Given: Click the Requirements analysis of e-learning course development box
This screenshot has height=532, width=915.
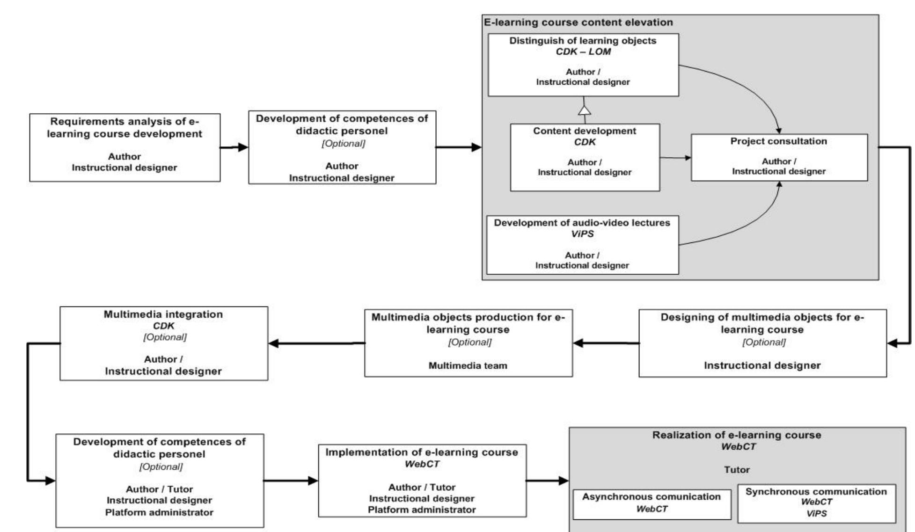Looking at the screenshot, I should click(124, 147).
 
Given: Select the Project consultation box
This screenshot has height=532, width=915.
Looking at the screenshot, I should click(779, 157).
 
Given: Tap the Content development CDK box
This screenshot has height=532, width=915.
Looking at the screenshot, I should click(585, 157).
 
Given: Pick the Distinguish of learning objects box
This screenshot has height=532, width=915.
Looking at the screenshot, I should click(583, 65).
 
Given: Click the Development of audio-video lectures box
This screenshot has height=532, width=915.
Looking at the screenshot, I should click(582, 244).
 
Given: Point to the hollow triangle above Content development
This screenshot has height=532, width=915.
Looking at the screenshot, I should click(584, 110).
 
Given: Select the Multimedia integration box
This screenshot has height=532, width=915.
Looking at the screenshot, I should click(164, 343).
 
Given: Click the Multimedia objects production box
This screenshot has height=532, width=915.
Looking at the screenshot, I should click(468, 343).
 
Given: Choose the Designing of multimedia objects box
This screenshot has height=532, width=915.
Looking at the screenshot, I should click(762, 343).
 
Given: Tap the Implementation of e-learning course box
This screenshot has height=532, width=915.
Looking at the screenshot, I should click(422, 481).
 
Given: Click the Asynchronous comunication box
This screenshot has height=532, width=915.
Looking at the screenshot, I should click(651, 504).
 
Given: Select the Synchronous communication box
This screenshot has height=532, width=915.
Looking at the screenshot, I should click(816, 503).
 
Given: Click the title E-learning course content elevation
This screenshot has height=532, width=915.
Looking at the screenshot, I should click(578, 22).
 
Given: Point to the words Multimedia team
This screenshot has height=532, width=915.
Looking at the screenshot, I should click(468, 365).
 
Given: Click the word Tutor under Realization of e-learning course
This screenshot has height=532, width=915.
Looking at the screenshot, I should click(737, 469).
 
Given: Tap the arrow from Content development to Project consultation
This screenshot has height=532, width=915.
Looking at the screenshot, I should click(675, 158).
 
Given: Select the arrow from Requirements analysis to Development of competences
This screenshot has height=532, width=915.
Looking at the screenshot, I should click(234, 147).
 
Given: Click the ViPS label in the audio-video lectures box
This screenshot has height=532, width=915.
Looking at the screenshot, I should click(582, 233).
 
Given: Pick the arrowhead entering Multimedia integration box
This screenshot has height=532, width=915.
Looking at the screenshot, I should click(274, 343).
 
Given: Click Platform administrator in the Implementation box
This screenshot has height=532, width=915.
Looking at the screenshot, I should click(422, 510).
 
